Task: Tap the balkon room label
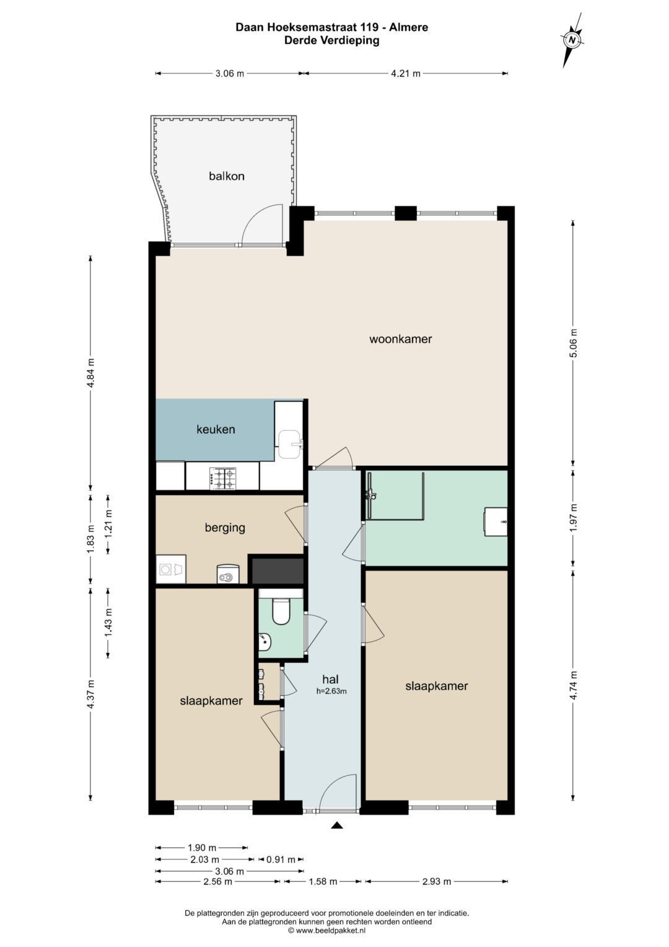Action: [x=226, y=176]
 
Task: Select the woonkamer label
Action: [x=400, y=339]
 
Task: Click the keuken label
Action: [x=216, y=430]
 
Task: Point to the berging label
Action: [x=225, y=528]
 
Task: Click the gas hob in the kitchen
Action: [x=222, y=479]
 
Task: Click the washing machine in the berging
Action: [x=172, y=569]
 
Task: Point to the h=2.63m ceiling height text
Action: [x=331, y=691]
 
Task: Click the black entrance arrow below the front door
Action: [x=336, y=824]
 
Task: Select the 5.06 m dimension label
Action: [x=573, y=343]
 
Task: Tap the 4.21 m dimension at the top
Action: [x=406, y=74]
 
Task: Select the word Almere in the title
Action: [x=409, y=27]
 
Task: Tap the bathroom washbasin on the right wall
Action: [x=496, y=522]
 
